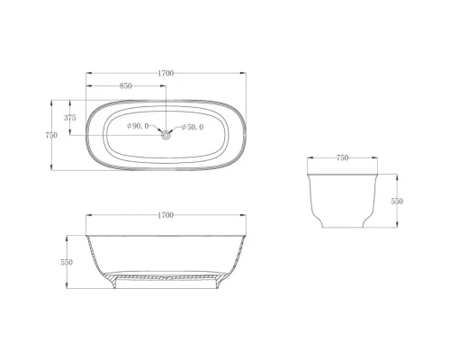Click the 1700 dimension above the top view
click(x=166, y=73)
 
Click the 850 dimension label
click(x=126, y=85)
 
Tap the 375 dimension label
click(x=70, y=118)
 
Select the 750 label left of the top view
click(x=51, y=135)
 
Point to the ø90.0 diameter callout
click(x=138, y=126)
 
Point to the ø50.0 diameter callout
click(x=193, y=127)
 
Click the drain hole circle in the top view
click(x=166, y=135)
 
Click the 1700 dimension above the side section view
click(x=166, y=215)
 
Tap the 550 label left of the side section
click(x=67, y=262)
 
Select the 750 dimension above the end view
click(x=342, y=157)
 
